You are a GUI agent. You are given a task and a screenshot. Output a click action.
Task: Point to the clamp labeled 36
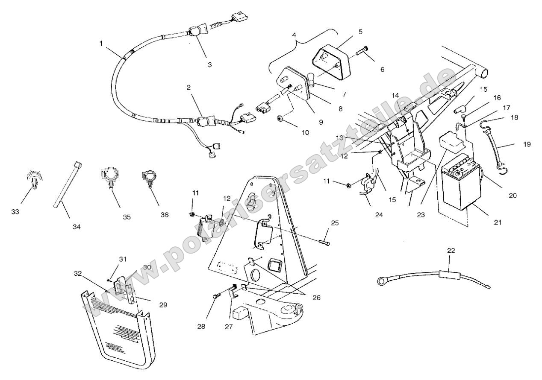coord(148,179)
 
